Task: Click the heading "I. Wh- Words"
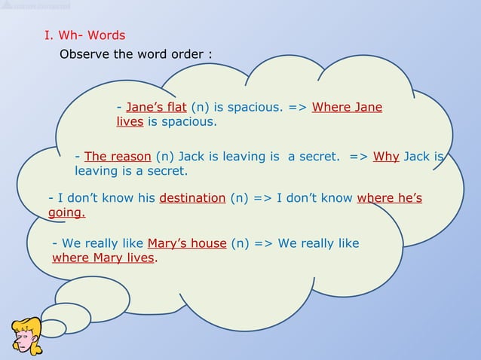pos(84,35)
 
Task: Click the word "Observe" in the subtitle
pos(85,55)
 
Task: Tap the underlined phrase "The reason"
pos(118,157)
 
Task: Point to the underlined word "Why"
pos(386,157)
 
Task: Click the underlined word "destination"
pos(192,198)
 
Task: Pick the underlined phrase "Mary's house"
pos(187,243)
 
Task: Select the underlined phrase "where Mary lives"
pos(103,258)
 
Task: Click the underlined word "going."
pos(66,213)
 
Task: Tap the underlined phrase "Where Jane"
pos(347,107)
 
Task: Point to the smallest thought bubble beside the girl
pos(54,328)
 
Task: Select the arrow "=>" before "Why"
pos(359,157)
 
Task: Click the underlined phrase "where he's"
pos(389,198)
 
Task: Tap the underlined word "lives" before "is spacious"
pos(130,121)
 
